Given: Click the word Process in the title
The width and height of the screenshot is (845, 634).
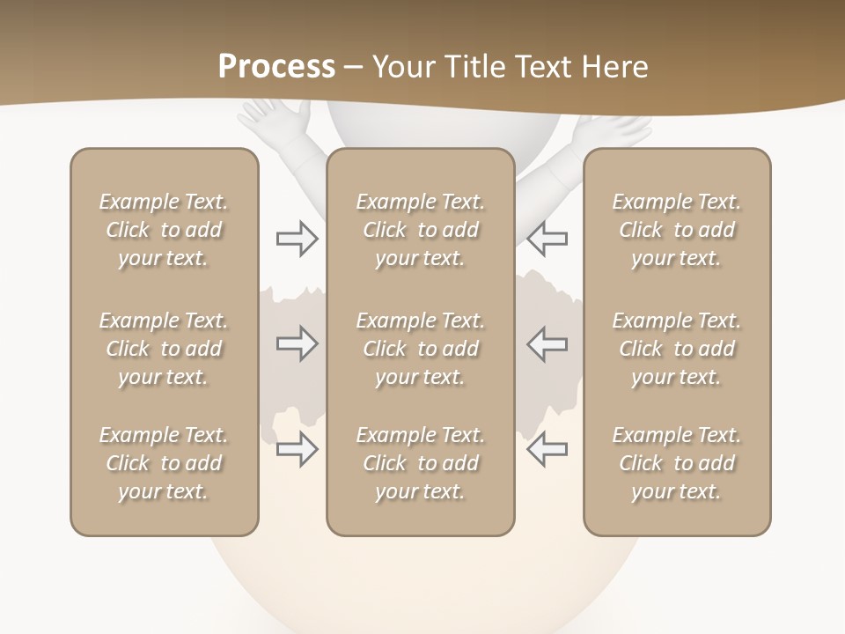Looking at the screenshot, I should coord(276,66).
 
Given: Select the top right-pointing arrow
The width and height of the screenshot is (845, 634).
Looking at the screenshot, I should coord(297,239).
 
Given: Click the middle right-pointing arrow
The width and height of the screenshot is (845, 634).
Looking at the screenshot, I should coord(297,344).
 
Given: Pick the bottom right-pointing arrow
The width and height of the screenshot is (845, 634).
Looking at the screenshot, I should coord(297,450).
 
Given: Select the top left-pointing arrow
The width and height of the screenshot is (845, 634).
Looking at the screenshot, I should coord(547,239).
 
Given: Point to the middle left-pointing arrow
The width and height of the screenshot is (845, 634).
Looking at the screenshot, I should coord(547,344).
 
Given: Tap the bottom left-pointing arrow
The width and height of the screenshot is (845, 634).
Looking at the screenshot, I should coord(547,450).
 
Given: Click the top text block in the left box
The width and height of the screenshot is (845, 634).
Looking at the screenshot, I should coord(164,230).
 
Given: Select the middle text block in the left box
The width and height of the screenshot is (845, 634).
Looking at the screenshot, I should coord(164,349).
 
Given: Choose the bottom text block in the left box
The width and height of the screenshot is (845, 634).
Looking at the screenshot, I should coord(164,463).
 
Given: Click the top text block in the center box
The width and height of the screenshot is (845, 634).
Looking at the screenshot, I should coord(420,230).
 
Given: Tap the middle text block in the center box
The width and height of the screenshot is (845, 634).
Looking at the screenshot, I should coord(420,349).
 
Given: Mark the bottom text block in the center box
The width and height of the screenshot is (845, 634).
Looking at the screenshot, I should coord(420,463).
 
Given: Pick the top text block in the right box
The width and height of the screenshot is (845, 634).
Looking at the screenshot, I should coord(677,230).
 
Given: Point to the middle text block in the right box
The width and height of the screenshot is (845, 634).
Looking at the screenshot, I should coord(677,349).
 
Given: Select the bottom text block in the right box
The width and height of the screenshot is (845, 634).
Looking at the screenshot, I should coord(677,463).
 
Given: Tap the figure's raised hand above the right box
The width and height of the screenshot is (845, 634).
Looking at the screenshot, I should coord(616,129).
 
